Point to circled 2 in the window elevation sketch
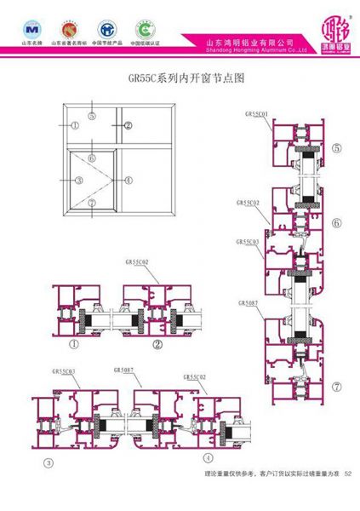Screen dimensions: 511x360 tap(129, 125)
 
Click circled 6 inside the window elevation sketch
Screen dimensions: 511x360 tap(90, 158)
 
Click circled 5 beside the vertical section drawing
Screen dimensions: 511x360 tap(337, 148)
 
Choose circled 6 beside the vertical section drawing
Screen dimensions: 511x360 tap(337, 224)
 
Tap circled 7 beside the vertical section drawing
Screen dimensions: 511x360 tap(337, 386)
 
